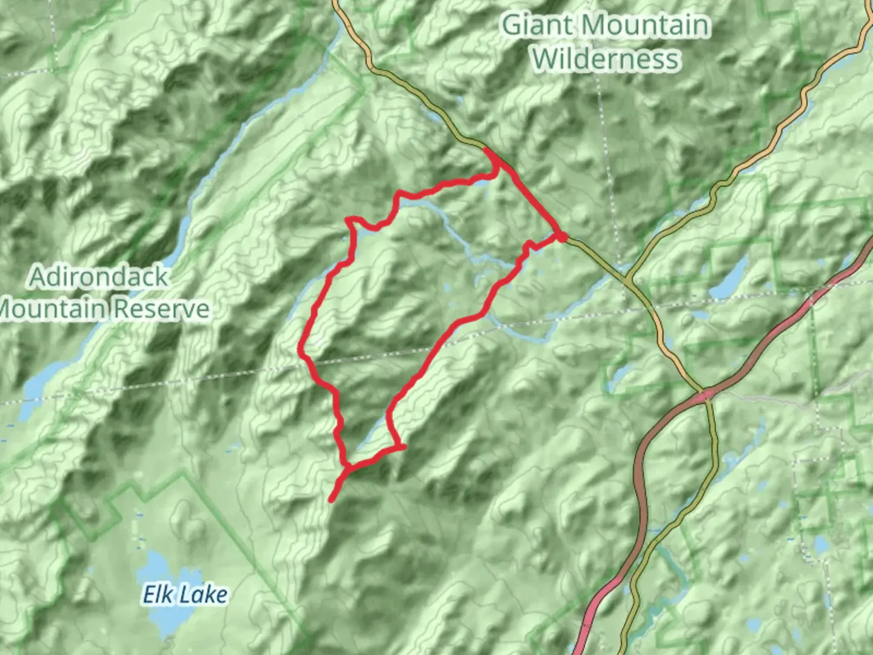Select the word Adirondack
99,277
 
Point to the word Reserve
161,309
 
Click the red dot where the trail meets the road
561,237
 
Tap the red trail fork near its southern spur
347,467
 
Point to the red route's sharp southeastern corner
401,448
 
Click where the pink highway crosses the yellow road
706,395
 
